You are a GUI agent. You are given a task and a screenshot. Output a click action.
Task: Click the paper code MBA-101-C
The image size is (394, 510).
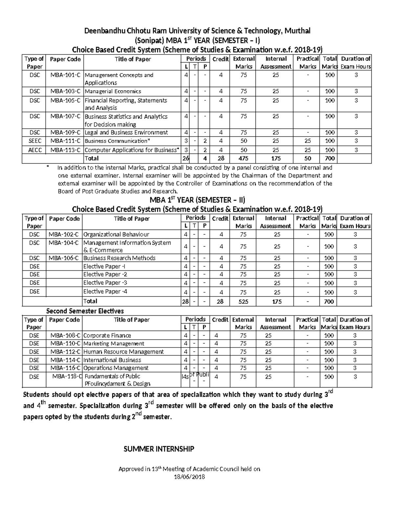coord(65,75)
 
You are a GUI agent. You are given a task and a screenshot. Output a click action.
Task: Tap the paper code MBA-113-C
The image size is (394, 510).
coord(65,150)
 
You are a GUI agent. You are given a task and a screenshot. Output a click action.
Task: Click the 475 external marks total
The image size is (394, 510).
coord(243,159)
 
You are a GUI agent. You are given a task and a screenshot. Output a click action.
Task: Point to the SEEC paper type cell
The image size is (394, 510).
coord(34,141)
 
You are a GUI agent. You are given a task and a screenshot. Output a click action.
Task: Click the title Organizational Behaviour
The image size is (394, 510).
coord(116,234)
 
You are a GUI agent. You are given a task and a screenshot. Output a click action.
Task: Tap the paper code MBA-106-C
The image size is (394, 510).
coord(64,258)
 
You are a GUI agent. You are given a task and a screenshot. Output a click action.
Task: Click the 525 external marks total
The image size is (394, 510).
coord(243,301)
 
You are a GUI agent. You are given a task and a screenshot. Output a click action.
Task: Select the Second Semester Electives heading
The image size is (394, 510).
coord(85,311)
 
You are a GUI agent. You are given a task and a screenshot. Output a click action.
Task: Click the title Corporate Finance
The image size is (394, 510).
coord(107,336)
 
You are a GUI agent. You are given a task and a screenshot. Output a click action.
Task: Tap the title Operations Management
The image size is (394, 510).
coord(116,368)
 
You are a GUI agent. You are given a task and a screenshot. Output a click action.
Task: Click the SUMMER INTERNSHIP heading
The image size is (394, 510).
coord(159,449)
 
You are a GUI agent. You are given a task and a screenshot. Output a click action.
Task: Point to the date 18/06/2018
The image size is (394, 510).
coord(189,477)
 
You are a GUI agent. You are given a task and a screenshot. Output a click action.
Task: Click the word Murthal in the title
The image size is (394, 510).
coord(297,31)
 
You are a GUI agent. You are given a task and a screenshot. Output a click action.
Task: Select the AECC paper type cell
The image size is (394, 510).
coord(34,150)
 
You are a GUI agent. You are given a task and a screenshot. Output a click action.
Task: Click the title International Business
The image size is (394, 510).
coord(112,360)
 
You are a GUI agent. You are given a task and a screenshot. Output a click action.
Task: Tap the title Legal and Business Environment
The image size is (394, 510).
coord(126,133)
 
